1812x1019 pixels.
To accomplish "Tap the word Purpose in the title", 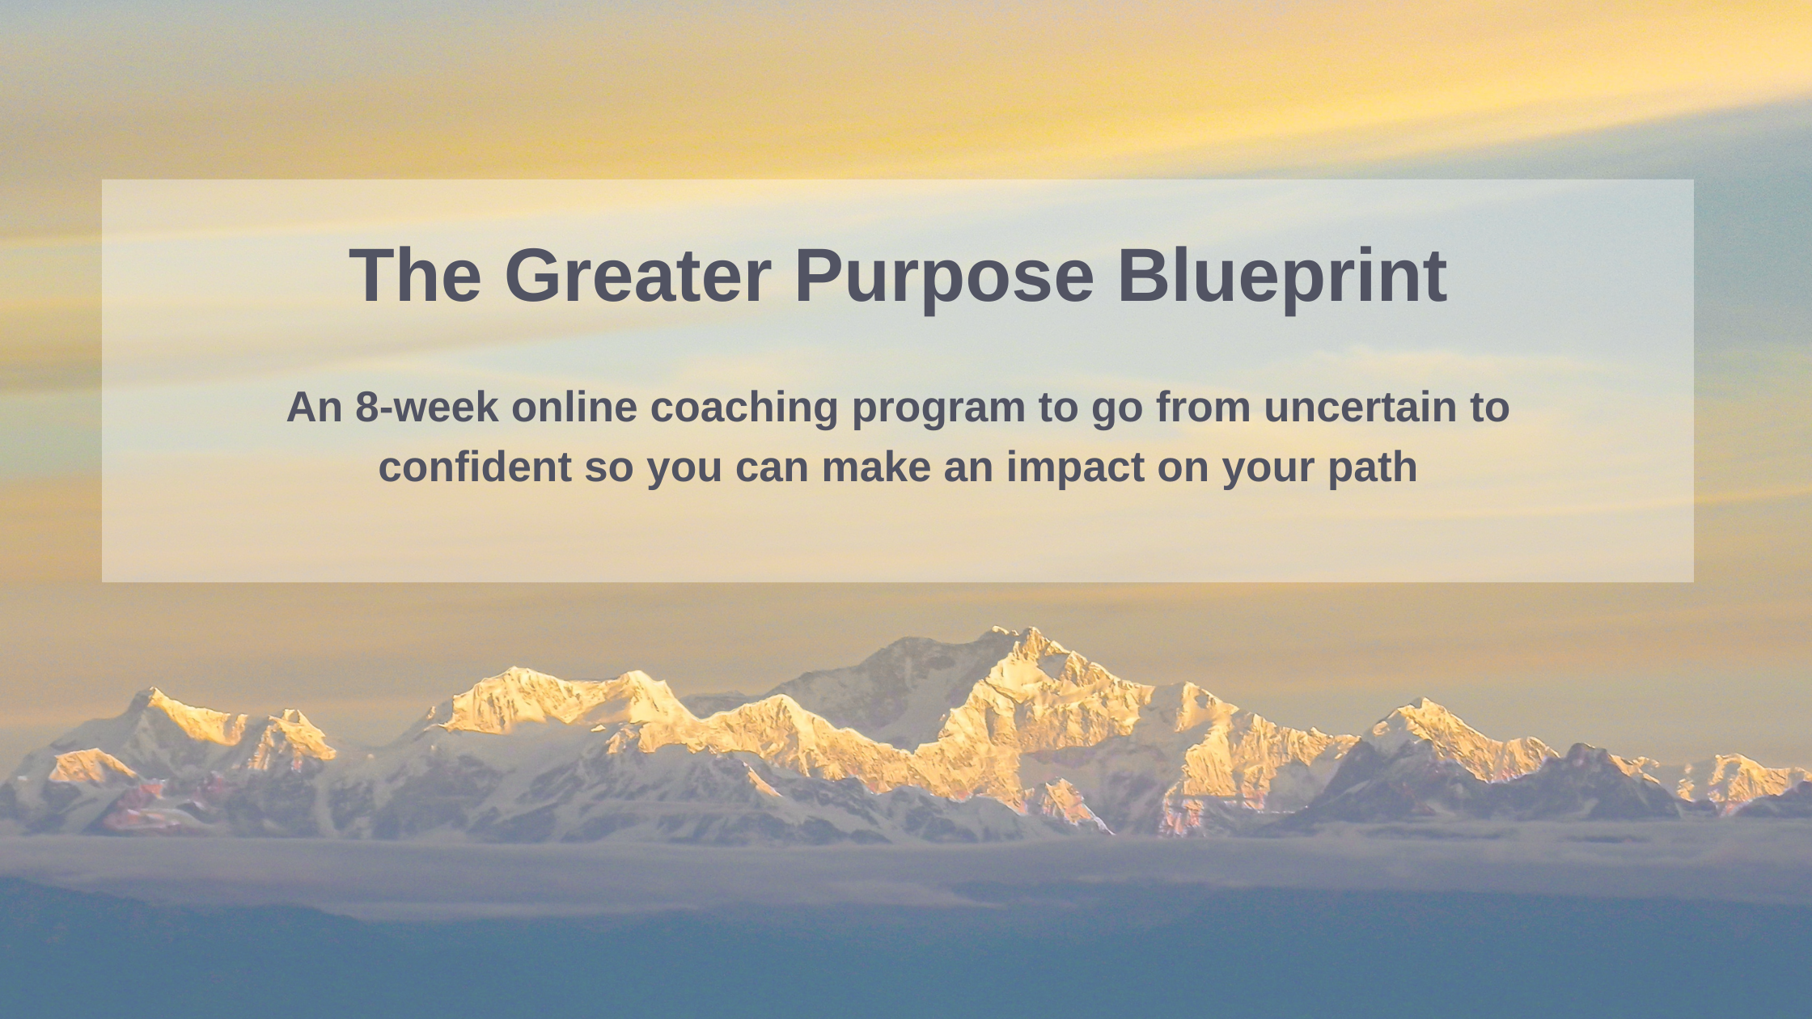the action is point(944,279).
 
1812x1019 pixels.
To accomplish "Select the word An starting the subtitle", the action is point(315,407).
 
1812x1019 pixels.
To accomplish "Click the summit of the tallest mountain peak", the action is point(1029,628).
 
